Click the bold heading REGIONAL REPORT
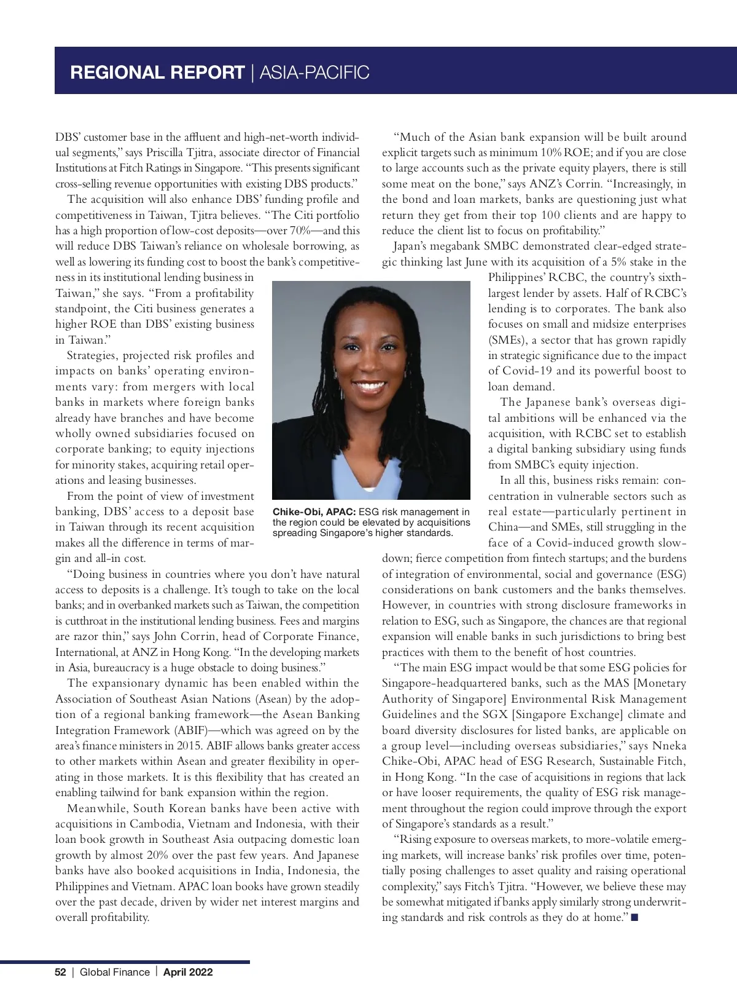[157, 73]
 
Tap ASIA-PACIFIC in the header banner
[315, 73]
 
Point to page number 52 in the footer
[60, 972]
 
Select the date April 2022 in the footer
[188, 972]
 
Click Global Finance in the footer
[114, 972]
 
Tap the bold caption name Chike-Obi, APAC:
[311, 511]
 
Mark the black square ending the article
[635, 918]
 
